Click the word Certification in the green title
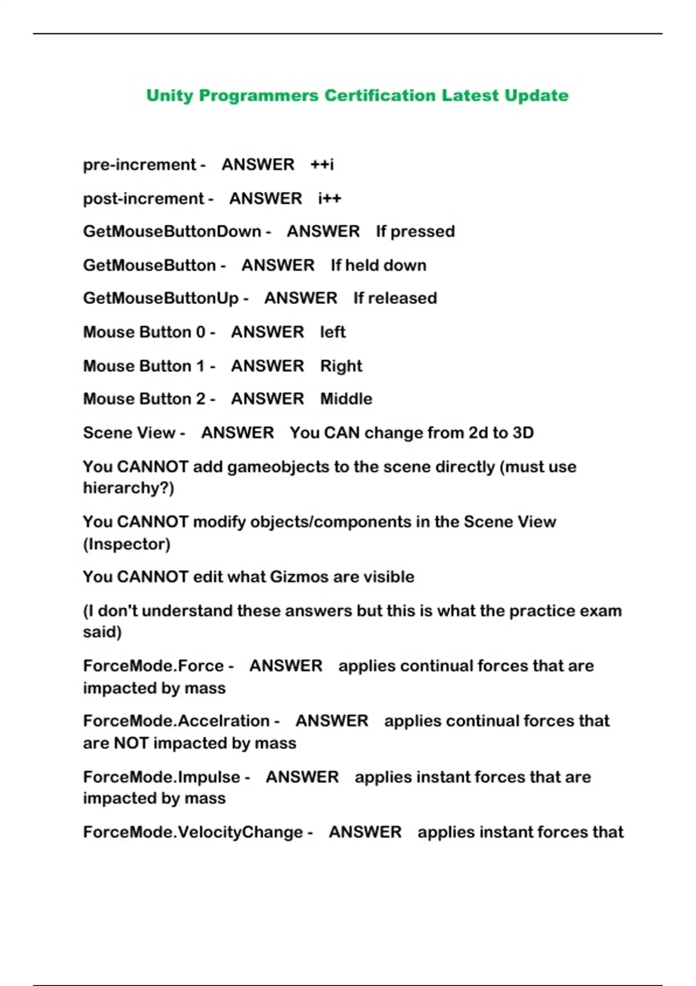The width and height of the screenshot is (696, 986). (379, 95)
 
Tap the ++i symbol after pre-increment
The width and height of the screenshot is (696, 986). (322, 165)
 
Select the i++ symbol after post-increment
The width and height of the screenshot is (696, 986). (329, 198)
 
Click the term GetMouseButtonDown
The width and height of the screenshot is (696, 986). (172, 231)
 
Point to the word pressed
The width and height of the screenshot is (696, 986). (423, 231)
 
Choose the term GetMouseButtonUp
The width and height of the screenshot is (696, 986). (161, 298)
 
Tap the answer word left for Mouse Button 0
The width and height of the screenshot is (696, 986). (332, 332)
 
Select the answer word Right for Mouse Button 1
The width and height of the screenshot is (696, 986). (341, 366)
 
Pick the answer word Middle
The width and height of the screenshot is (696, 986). (346, 399)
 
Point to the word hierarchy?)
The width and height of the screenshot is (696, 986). (128, 488)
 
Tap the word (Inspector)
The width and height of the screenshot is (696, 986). (126, 544)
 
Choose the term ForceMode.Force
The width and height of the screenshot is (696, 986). (153, 666)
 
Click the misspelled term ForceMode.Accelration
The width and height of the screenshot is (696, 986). (176, 721)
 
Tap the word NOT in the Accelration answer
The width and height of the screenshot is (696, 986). (131, 743)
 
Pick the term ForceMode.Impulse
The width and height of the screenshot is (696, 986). (161, 777)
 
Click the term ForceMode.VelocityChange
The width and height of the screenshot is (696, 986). (193, 832)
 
